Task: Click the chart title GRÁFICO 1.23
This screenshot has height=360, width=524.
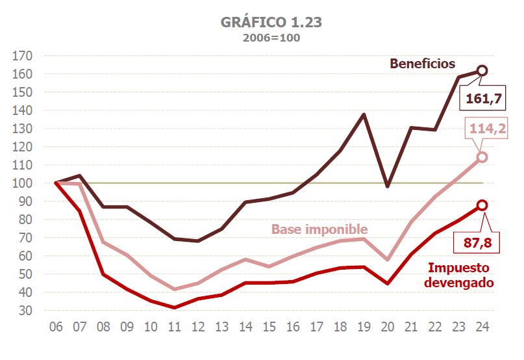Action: point(271,22)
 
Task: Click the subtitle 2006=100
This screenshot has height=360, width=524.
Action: point(271,38)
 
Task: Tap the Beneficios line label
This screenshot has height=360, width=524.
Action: point(423,64)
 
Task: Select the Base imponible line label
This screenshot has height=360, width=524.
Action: point(319,229)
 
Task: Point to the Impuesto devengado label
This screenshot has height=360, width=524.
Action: point(461,275)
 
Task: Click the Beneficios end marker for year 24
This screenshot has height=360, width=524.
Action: point(482,70)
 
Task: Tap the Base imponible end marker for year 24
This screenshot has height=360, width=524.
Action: point(482,157)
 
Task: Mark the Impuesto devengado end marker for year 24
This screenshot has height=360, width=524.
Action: point(482,205)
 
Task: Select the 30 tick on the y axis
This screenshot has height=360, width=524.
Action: point(25,311)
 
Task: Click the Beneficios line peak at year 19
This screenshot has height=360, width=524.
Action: point(364,114)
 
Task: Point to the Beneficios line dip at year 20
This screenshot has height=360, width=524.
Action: point(387,186)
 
